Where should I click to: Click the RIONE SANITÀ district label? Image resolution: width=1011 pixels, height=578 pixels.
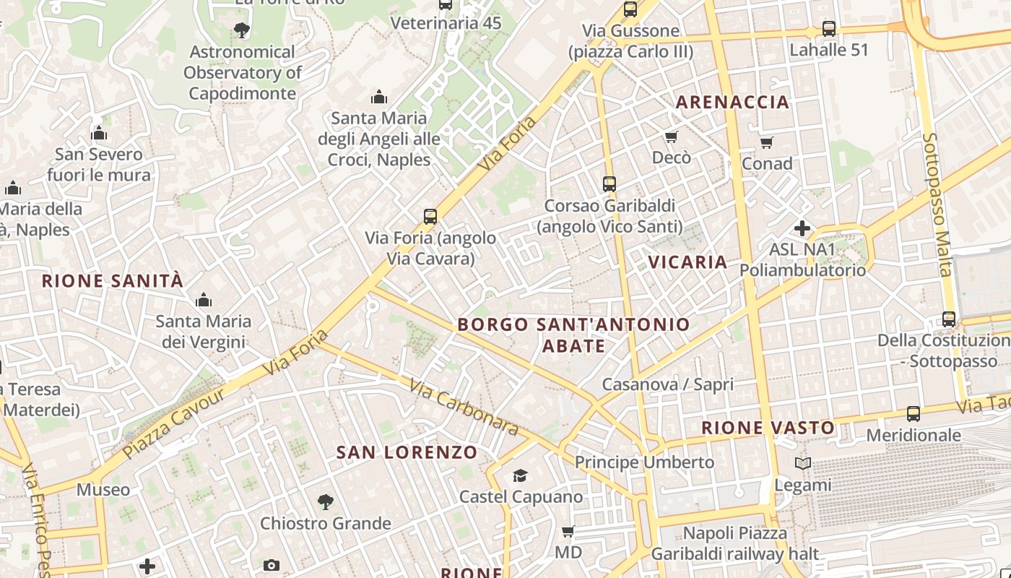[113, 281]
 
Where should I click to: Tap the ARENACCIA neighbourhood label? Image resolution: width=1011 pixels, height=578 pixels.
[732, 102]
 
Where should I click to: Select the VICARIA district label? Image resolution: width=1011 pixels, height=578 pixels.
[687, 262]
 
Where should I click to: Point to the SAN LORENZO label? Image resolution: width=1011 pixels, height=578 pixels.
[407, 453]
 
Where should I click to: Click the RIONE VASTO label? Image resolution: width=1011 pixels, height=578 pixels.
[768, 428]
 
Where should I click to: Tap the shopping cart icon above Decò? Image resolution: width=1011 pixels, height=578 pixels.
[671, 137]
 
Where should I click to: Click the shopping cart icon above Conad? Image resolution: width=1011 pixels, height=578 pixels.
[767, 142]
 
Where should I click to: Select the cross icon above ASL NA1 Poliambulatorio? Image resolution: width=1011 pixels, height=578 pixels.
[802, 228]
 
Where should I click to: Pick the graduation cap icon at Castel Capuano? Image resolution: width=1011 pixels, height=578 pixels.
[520, 475]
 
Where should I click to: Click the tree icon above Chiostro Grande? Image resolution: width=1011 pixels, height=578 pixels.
[326, 501]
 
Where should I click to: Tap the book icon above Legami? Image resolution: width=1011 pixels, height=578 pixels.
[802, 463]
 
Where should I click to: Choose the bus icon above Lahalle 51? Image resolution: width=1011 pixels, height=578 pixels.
[828, 29]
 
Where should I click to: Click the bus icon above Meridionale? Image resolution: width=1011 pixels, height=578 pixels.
[914, 414]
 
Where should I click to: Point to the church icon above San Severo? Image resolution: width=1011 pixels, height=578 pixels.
[99, 133]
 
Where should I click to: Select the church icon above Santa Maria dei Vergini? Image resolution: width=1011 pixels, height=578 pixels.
[204, 300]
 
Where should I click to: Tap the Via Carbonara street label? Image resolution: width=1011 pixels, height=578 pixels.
[464, 407]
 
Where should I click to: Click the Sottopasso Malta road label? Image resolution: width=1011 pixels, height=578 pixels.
[937, 204]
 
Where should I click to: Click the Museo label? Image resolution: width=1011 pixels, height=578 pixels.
[103, 490]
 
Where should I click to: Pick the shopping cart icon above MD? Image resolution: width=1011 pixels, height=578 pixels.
[568, 532]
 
